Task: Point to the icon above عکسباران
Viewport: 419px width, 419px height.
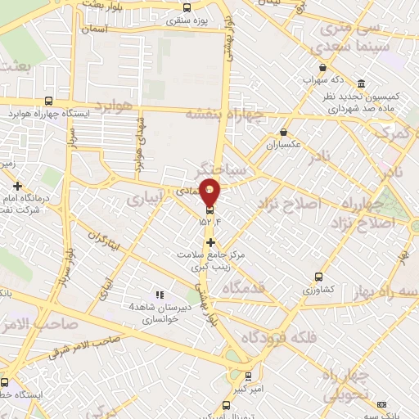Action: (x=283, y=132)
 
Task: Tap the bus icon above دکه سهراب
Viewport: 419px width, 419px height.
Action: (x=324, y=68)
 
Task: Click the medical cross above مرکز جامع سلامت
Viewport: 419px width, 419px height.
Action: (x=211, y=242)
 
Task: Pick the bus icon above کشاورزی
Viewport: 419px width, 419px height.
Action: (x=318, y=277)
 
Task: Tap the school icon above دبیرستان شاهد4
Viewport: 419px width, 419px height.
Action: (x=160, y=294)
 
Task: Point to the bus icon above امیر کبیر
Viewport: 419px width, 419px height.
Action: (x=249, y=376)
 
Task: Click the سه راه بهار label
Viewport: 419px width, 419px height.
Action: (x=385, y=291)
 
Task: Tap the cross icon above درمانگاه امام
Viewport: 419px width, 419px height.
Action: (x=17, y=187)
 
